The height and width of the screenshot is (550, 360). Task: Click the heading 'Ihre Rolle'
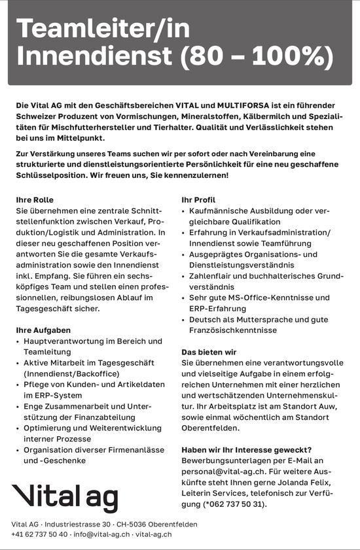[x=35, y=199]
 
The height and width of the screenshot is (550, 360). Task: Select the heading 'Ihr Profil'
[x=198, y=199]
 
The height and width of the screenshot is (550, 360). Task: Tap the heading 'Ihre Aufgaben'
[x=43, y=330]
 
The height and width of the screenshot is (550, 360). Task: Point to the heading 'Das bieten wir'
[x=209, y=352]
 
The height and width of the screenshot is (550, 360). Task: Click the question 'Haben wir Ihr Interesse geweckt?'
[x=247, y=449]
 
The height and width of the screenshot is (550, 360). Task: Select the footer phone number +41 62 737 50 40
[x=39, y=534]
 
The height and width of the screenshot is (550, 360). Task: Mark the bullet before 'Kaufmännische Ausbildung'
[x=184, y=211]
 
